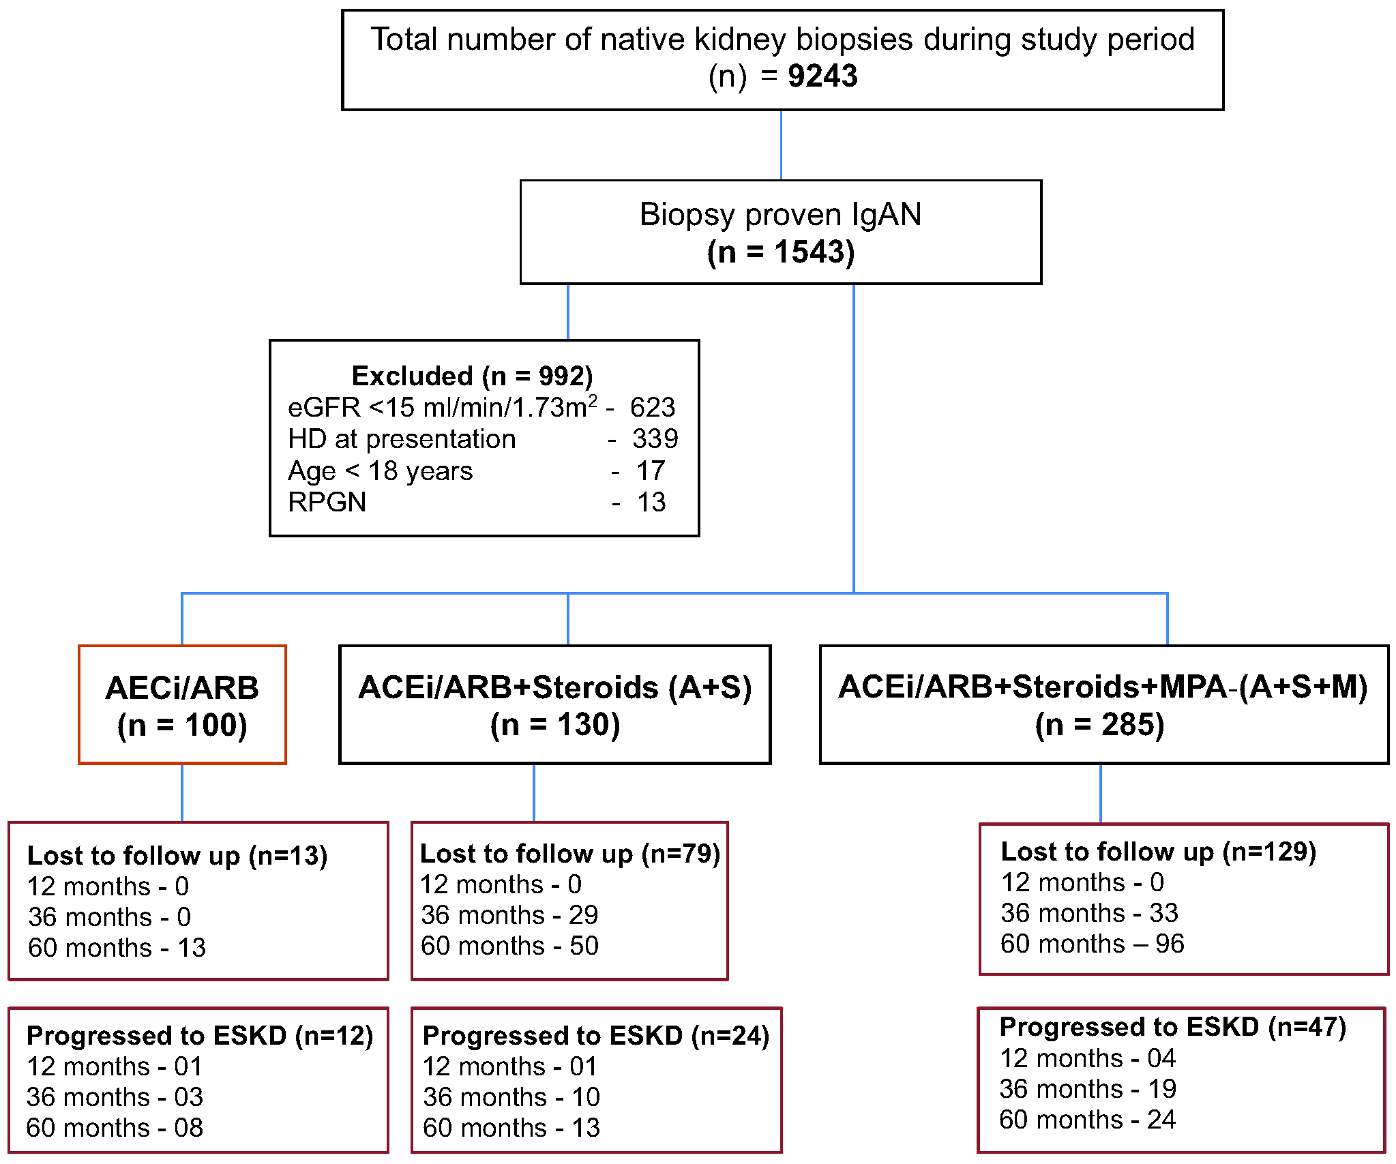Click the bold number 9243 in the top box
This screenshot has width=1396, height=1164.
(822, 76)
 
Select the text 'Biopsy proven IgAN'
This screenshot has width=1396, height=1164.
(780, 214)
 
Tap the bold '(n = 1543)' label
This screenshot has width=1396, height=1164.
(780, 252)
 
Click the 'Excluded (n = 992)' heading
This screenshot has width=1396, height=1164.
(472, 376)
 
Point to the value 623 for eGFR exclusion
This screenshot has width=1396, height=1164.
(652, 408)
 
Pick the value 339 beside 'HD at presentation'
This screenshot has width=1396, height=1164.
(655, 439)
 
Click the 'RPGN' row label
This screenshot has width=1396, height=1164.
(327, 503)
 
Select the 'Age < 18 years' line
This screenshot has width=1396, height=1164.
(380, 471)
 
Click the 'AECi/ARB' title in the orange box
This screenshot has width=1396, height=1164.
(182, 687)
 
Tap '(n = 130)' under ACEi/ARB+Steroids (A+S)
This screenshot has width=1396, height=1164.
(554, 724)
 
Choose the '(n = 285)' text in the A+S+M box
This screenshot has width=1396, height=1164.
(1099, 724)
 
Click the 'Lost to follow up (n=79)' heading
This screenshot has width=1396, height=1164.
(569, 853)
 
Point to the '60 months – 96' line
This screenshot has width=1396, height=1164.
(1092, 944)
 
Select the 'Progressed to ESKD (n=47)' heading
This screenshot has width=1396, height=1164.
(1172, 1027)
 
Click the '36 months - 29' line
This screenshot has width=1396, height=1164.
(509, 915)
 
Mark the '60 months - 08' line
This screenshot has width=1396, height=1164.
(115, 1128)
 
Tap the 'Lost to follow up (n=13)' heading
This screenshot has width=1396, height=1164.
(177, 855)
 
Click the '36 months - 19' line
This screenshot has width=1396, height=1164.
(1088, 1089)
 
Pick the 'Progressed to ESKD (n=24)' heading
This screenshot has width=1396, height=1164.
(595, 1036)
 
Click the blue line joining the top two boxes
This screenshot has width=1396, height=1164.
(781, 145)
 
